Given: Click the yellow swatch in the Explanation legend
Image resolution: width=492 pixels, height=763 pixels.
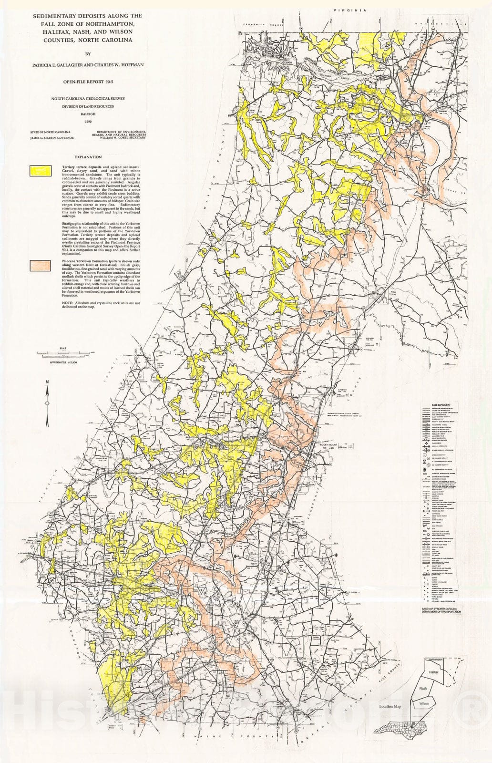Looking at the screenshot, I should [x=41, y=169].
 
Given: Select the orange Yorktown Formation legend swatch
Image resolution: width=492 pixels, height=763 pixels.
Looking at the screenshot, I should [x=41, y=265].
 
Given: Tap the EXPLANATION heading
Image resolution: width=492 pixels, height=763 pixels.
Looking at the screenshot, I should [x=88, y=156].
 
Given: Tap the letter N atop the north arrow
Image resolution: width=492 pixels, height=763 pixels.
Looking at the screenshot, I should [x=47, y=381].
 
